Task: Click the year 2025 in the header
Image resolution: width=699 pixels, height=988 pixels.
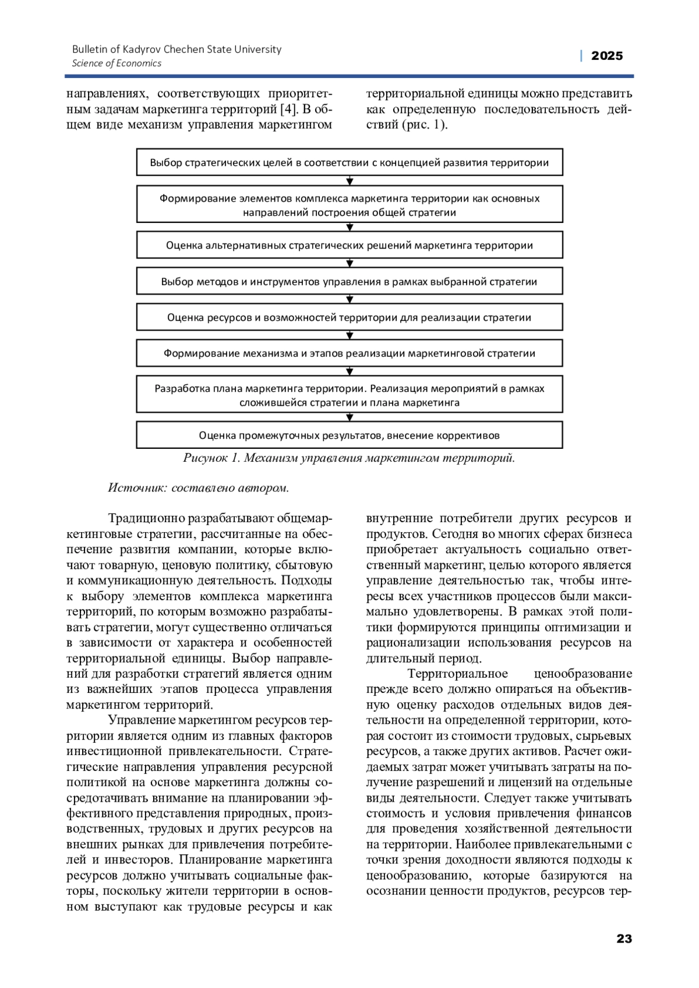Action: (x=606, y=56)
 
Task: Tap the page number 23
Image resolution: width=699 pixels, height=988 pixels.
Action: (x=624, y=939)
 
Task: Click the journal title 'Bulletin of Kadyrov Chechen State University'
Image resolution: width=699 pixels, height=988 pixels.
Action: (x=176, y=49)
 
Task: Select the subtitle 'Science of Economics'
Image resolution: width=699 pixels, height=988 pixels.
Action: (x=116, y=63)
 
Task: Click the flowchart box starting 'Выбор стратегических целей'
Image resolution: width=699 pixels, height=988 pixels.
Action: (x=349, y=162)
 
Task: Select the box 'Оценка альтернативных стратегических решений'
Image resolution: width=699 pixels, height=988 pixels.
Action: (x=349, y=245)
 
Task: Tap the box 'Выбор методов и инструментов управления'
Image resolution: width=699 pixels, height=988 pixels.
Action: (x=349, y=282)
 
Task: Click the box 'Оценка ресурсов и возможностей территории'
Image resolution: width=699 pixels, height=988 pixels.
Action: (x=349, y=317)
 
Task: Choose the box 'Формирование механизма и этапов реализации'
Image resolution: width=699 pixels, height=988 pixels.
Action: (x=349, y=353)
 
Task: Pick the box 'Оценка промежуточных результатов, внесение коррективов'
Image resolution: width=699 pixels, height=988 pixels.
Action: (x=349, y=435)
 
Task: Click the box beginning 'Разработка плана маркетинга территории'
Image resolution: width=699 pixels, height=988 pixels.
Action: (x=349, y=395)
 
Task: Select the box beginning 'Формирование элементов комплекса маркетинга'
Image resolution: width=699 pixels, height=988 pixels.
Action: (x=349, y=205)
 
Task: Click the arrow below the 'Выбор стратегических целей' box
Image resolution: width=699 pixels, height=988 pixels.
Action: (x=350, y=181)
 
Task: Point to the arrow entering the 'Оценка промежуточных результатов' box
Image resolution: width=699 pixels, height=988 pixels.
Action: (x=350, y=417)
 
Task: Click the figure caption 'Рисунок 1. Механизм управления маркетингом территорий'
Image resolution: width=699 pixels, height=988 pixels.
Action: (x=349, y=458)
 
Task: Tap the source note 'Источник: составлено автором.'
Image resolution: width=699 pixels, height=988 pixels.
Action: (x=199, y=488)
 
